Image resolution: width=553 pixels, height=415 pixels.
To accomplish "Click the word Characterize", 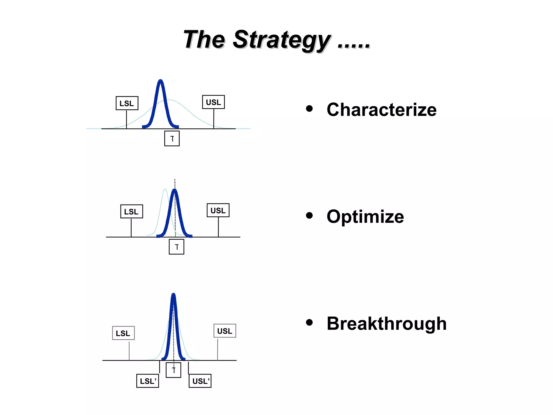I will (381, 110).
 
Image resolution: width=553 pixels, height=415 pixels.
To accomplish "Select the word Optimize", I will (365, 217).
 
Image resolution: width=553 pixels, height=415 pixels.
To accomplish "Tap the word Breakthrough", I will (386, 323).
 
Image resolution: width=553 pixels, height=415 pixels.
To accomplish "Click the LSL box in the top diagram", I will (127, 103).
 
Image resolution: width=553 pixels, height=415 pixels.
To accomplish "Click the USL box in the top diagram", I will (213, 102).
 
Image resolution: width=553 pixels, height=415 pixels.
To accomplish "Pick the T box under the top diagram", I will (172, 139).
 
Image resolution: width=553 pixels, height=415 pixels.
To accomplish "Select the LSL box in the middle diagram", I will (131, 211).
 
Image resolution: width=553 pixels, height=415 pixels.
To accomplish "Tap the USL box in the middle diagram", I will (218, 210).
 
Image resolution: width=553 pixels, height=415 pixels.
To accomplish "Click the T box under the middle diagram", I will (177, 247).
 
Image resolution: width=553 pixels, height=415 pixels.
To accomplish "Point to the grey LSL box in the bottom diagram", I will (123, 333).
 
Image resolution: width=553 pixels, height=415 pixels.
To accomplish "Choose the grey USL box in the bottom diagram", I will (225, 331).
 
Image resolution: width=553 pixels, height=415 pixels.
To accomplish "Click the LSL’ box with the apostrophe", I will (148, 381).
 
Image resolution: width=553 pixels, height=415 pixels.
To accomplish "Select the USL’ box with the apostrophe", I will (200, 381).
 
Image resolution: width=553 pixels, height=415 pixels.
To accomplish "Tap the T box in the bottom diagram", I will (173, 370).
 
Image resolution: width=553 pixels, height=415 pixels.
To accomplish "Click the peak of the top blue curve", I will (161, 81).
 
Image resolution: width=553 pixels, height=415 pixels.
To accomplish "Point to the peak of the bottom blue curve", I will (174, 294).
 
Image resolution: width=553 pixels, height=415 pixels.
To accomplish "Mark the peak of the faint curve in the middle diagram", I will (165, 190).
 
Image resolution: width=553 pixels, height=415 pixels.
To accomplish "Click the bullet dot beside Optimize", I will (309, 215).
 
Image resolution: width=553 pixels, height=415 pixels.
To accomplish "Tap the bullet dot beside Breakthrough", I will (309, 322).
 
